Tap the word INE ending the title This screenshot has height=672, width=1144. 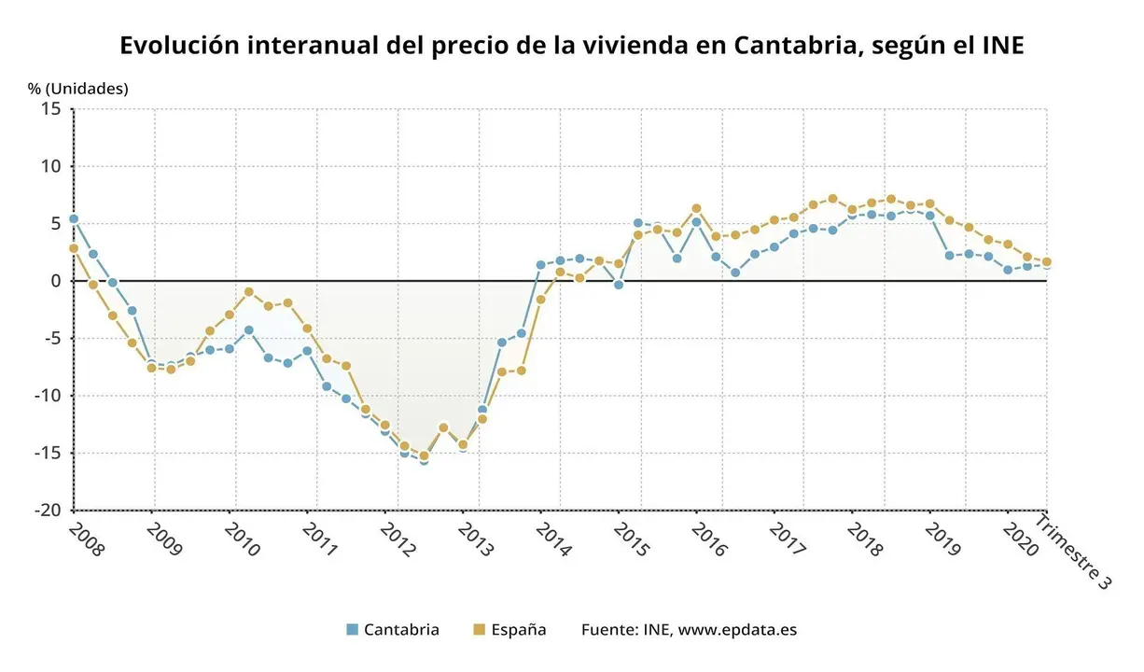click(1000, 45)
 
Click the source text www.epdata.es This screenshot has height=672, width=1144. click(737, 629)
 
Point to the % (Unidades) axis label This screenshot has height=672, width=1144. click(77, 89)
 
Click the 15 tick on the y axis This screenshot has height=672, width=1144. click(51, 109)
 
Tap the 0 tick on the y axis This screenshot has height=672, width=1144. click(56, 281)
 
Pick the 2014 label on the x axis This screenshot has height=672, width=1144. click(554, 539)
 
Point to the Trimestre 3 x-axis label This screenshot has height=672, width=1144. click(1074, 551)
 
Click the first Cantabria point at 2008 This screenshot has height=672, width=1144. click(74, 219)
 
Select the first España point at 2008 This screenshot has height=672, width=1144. click(74, 248)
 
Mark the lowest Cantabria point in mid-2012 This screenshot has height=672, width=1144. click(424, 460)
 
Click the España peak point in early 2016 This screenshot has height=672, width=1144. click(696, 208)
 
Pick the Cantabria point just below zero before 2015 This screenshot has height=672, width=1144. click(618, 285)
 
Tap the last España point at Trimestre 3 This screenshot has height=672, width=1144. click(1046, 261)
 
